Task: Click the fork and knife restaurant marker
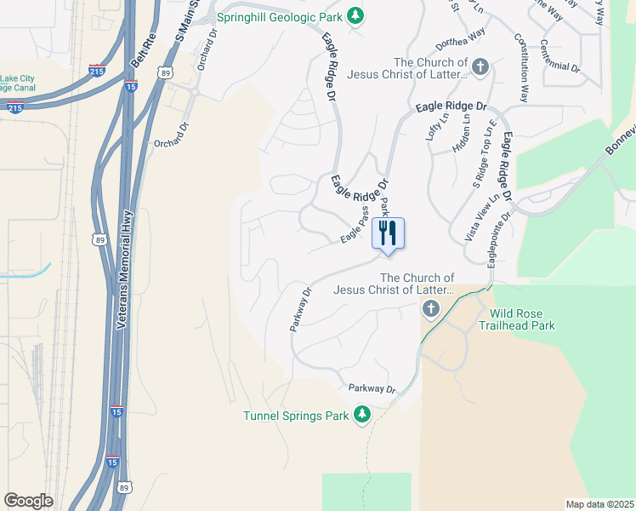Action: coord(388,233)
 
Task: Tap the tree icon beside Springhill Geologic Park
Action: coord(358,16)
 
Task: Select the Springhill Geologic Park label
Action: coord(283,16)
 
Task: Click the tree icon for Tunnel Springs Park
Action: coord(363,415)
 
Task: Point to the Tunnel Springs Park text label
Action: coord(296,416)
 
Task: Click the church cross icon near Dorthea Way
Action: coord(480,66)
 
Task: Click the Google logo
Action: coord(29,501)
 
